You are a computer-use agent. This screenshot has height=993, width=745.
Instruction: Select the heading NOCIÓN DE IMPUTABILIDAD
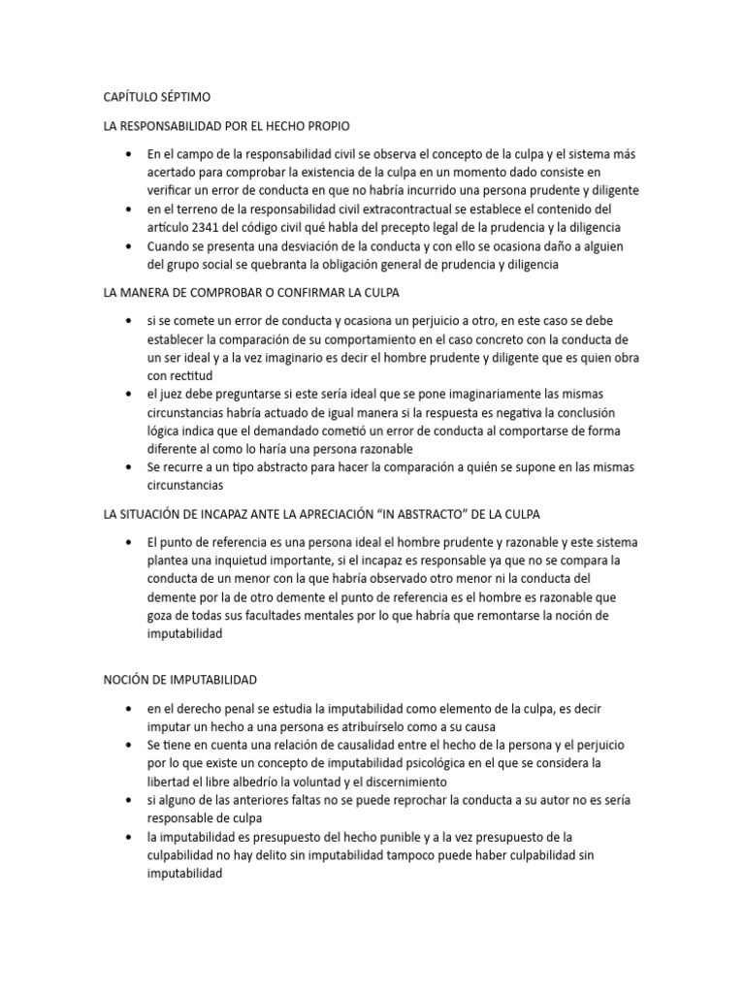pyautogui.click(x=178, y=681)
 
